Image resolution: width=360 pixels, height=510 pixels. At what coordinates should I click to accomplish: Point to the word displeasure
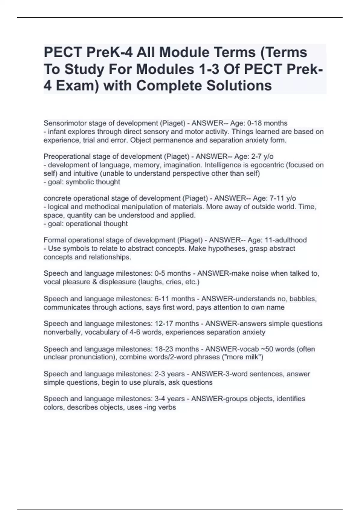click(x=118, y=282)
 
